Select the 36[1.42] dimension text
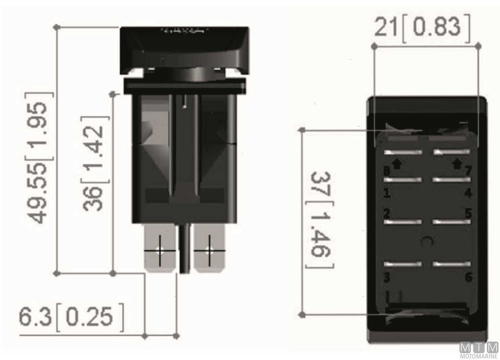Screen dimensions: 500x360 95,164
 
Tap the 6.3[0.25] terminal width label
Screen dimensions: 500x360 71,317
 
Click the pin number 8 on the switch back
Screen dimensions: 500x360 387,171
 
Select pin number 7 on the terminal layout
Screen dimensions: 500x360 468,171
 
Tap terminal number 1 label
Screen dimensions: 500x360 387,193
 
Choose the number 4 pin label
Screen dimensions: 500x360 468,192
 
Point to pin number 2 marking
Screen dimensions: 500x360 387,213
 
